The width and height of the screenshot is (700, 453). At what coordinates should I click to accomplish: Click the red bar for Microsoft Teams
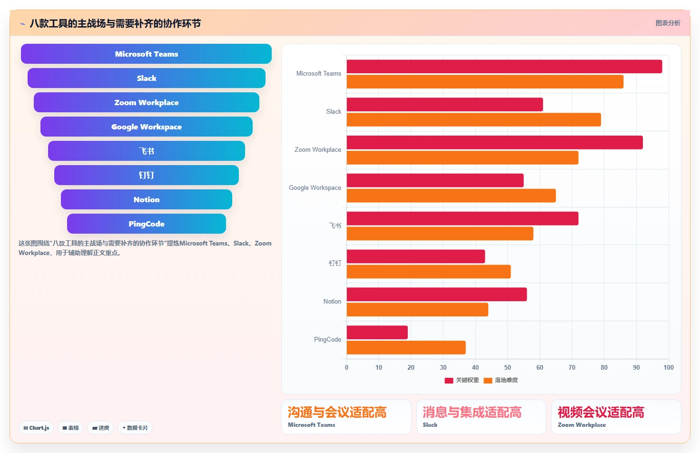point(504,67)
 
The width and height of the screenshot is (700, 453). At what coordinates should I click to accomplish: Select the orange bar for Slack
point(474,119)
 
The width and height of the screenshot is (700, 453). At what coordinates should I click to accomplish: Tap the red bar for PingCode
point(377,333)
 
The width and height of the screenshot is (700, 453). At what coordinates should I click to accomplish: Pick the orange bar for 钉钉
point(429,272)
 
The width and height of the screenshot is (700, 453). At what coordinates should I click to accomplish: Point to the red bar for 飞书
point(463,218)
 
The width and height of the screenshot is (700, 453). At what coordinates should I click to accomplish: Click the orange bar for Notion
point(417,310)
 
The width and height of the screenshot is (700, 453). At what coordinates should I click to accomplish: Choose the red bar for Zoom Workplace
point(495,142)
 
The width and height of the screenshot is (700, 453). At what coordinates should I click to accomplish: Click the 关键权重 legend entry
point(462,380)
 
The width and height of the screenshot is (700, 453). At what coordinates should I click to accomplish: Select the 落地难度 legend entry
point(501,380)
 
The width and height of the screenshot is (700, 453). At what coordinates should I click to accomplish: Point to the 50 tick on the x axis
point(507,367)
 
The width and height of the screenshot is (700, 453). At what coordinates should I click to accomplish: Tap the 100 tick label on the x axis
point(669,367)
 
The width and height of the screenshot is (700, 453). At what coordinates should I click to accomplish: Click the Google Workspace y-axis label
point(315,188)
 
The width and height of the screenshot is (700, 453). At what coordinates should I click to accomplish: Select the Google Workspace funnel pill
point(147,127)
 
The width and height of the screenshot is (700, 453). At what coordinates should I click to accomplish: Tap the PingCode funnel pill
point(147,224)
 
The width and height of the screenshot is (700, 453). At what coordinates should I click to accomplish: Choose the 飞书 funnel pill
point(147,151)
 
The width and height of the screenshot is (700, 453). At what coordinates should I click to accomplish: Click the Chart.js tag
point(36,428)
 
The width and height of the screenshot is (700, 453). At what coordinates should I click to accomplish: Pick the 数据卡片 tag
point(135,428)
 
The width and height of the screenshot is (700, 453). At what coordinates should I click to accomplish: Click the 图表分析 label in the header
point(668,23)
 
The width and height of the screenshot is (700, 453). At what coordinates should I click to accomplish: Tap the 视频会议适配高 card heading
point(601,413)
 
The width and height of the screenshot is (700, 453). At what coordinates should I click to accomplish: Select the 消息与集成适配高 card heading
point(472,413)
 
